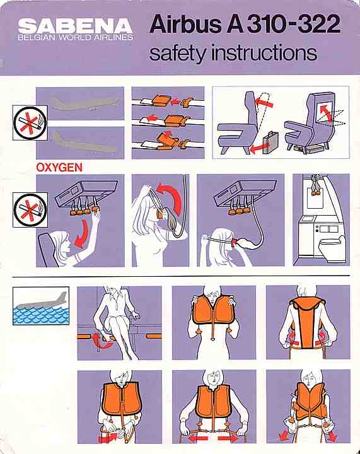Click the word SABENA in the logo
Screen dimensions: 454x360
pyautogui.click(x=76, y=25)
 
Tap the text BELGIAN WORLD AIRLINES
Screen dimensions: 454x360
pyautogui.click(x=76, y=38)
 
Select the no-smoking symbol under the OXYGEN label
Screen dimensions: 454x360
pyautogui.click(x=23, y=206)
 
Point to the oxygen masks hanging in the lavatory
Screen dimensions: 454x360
pyautogui.click(x=313, y=187)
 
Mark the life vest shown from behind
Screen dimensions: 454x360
pyautogui.click(x=308, y=322)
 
